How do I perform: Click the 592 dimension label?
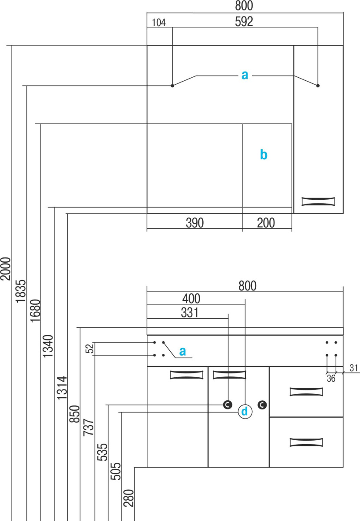[244, 22]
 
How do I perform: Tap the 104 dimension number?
[159, 23]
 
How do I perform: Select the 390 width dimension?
[195, 223]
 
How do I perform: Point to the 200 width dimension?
[266, 223]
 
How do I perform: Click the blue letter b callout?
[264, 155]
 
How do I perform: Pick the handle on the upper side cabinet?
[318, 201]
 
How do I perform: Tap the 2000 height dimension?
[6, 269]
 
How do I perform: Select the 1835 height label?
[20, 291]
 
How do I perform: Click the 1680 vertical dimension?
[35, 310]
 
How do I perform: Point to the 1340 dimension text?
[48, 346]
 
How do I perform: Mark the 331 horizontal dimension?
[190, 313]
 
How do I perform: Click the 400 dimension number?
[191, 299]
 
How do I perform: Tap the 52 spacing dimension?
[89, 348]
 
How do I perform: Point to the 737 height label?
[89, 427]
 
